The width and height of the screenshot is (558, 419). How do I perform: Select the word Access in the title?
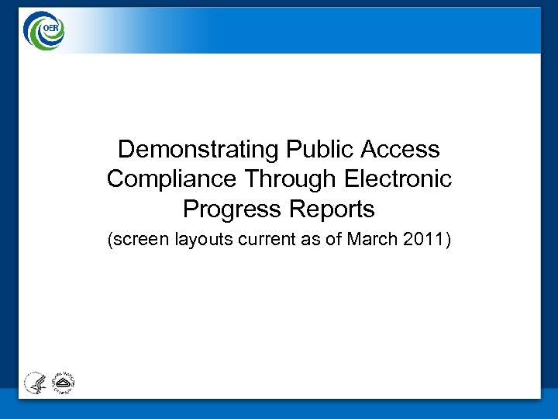tap(401, 149)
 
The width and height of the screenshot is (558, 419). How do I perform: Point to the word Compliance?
tap(172, 179)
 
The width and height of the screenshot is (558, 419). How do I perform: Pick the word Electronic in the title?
tap(398, 179)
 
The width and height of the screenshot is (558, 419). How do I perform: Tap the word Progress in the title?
tap(229, 209)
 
